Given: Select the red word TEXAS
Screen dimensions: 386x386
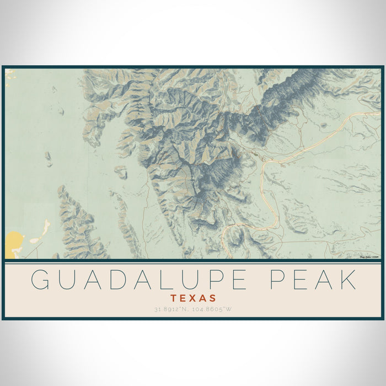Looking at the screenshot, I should tap(193, 298).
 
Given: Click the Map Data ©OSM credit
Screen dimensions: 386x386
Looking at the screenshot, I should tap(369, 257).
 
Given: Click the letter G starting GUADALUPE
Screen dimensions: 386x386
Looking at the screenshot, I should tap(41, 280).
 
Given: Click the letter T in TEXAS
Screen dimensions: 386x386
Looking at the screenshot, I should tap(175, 298).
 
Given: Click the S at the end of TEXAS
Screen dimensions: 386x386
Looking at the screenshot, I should tap(212, 298).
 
